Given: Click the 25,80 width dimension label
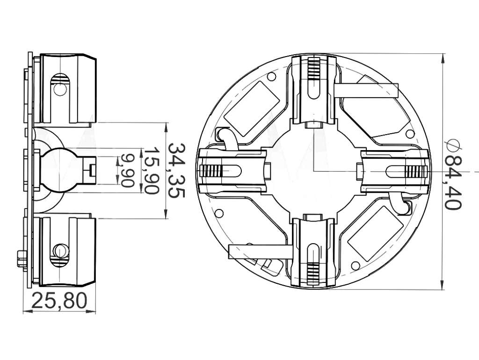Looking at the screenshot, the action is (x=59, y=301).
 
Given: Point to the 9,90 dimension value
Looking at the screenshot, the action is (x=127, y=170).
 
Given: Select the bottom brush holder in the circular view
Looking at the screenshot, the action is (x=314, y=252).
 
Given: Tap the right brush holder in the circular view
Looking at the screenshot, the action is (x=393, y=171).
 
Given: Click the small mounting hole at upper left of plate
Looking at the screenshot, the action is (x=270, y=76).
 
